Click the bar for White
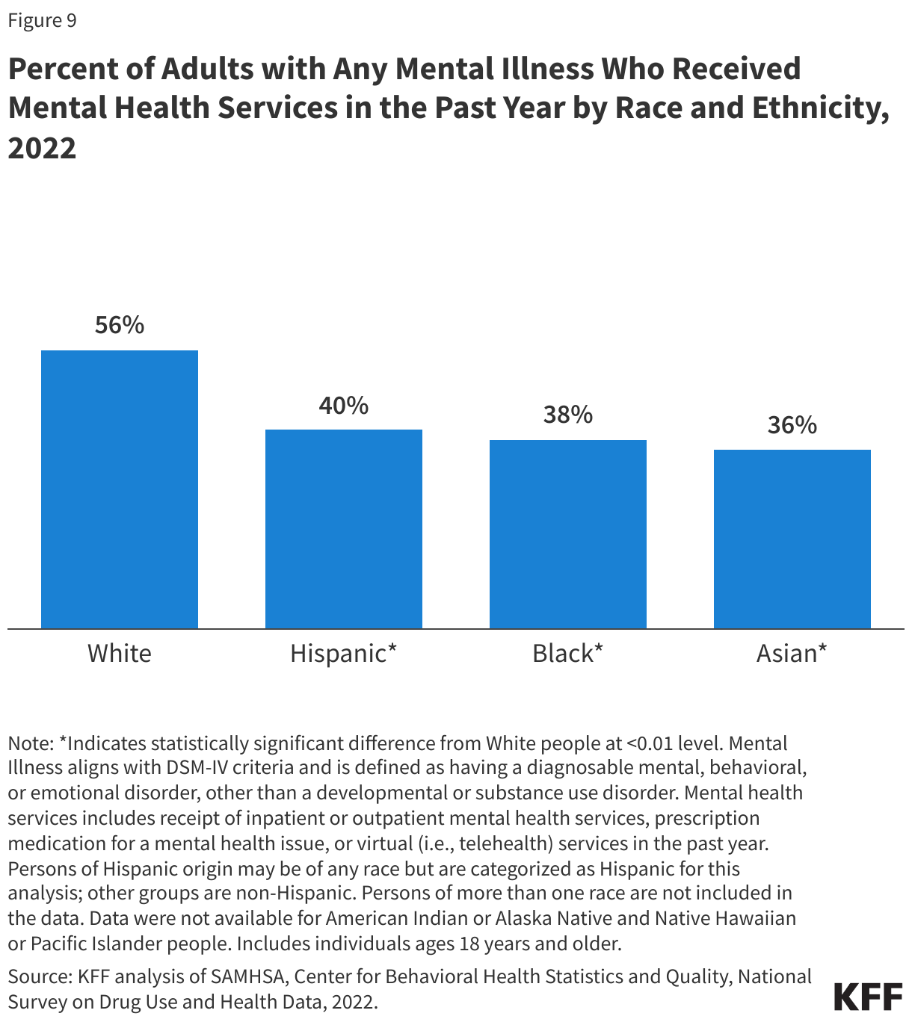[x=120, y=489]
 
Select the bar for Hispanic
[x=344, y=529]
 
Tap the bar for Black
[x=568, y=534]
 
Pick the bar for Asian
[x=792, y=539]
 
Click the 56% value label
[x=120, y=325]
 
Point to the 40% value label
[x=344, y=406]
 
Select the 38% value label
[x=568, y=415]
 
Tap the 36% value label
[x=792, y=425]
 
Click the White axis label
[x=120, y=654]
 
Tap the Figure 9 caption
[x=43, y=20]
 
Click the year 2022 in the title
[x=43, y=148]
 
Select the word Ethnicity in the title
[x=820, y=108]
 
